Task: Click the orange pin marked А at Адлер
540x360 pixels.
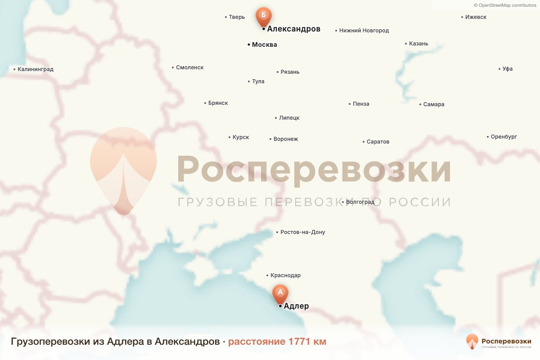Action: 280,292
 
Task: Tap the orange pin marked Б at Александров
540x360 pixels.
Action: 264,16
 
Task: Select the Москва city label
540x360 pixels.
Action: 264,45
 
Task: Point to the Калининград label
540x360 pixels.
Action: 35,69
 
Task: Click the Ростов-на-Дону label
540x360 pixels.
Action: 302,232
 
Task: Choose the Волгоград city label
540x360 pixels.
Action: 360,202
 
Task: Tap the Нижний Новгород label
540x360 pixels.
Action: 364,31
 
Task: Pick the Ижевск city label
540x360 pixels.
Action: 476,17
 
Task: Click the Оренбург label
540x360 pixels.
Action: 504,137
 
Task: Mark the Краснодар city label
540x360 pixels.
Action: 285,275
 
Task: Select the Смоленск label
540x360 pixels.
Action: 189,67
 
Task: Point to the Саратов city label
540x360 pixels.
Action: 378,142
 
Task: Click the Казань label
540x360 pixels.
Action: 418,44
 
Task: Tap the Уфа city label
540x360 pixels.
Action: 507,69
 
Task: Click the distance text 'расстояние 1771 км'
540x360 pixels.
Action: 277,342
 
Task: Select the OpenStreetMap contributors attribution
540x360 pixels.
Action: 504,5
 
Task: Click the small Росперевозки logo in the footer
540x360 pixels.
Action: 499,342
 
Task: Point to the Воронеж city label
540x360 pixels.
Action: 285,139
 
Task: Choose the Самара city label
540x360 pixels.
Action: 433,104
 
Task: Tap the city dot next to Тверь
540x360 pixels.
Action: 225,18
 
